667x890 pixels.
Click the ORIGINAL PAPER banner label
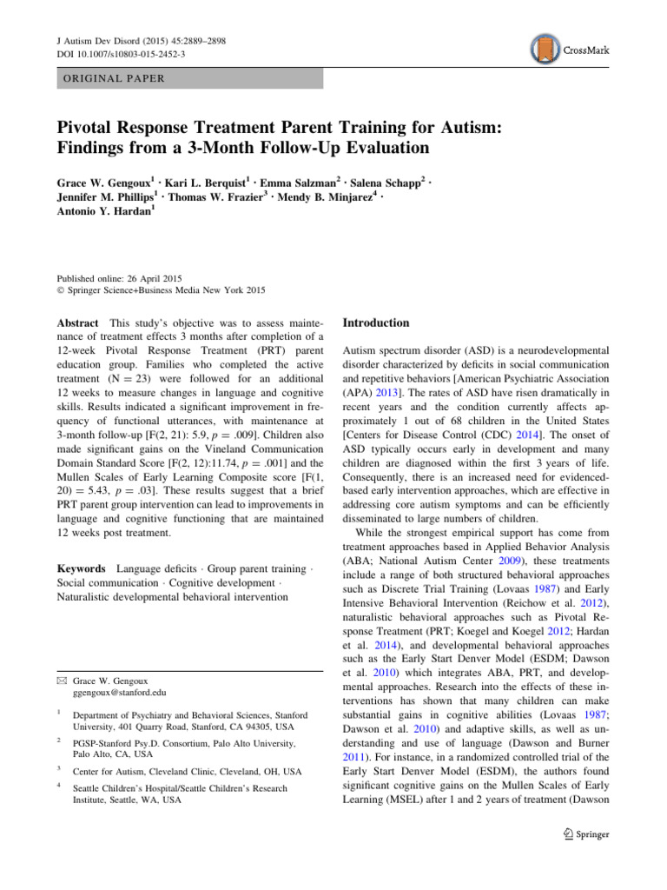114,78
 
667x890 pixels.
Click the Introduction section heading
376,323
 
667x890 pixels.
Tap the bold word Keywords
83,543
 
